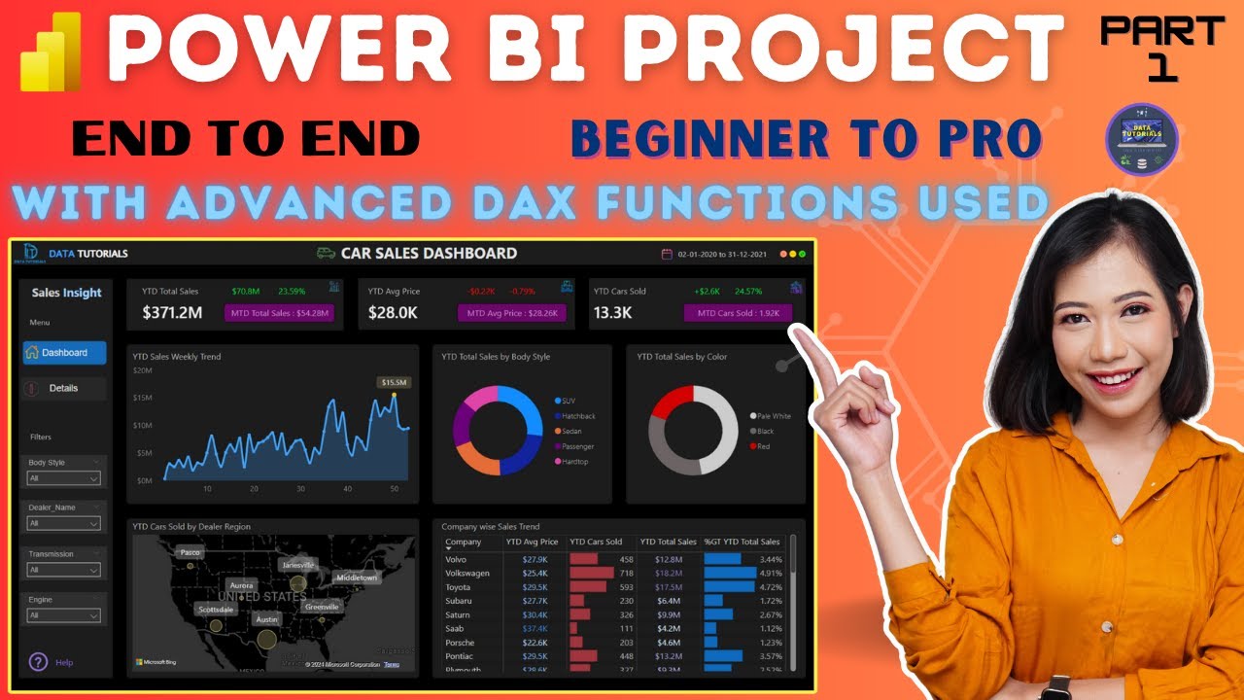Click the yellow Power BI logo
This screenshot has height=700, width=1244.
coord(50,52)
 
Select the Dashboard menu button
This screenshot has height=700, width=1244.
coord(64,353)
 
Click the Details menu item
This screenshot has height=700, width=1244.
coord(63,388)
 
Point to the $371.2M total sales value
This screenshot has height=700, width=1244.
coord(172,313)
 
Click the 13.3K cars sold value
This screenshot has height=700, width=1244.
coord(613,313)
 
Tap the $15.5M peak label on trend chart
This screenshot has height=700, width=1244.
coord(394,382)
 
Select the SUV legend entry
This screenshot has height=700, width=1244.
coord(569,401)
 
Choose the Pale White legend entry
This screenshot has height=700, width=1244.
coord(774,416)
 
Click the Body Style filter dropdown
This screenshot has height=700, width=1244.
coord(64,478)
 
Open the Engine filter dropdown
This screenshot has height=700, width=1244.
coord(64,615)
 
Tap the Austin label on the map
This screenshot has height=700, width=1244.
coord(266,618)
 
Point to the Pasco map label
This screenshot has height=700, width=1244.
coord(190,552)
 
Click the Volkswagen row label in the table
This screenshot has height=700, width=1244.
coord(467,574)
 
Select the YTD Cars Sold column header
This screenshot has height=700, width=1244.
coord(596,542)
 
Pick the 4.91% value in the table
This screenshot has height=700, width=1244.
coord(771,574)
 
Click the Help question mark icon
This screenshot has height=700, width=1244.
coord(39,662)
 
